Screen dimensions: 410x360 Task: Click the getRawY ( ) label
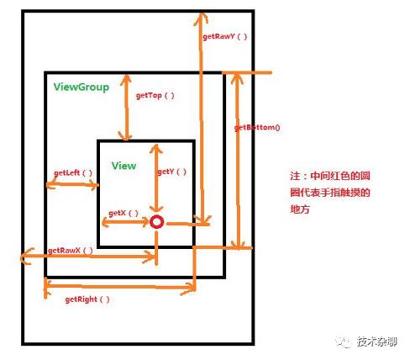(x=225, y=37)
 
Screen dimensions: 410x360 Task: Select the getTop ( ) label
(x=155, y=96)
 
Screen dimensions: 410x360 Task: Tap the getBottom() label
(x=257, y=128)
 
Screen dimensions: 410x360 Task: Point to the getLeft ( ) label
(x=73, y=172)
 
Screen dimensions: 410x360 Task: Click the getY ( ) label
(x=171, y=172)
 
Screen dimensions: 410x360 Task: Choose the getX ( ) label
(x=124, y=214)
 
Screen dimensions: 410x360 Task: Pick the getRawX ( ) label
(x=70, y=251)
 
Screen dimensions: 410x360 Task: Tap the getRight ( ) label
(x=87, y=299)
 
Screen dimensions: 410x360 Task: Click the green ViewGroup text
(x=81, y=87)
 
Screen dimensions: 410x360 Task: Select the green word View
(x=124, y=166)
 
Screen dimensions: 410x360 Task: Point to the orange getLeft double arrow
(x=72, y=184)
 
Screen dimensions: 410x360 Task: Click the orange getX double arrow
(x=125, y=222)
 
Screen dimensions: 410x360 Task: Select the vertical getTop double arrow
(x=126, y=108)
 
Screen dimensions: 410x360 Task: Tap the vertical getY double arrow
(x=156, y=178)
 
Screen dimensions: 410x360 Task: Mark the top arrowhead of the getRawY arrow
(x=201, y=14)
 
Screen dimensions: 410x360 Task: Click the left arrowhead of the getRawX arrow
(x=23, y=257)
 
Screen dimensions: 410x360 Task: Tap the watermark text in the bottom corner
(x=377, y=341)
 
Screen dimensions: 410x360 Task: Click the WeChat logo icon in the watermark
(x=344, y=341)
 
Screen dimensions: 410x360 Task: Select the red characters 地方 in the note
(x=300, y=209)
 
